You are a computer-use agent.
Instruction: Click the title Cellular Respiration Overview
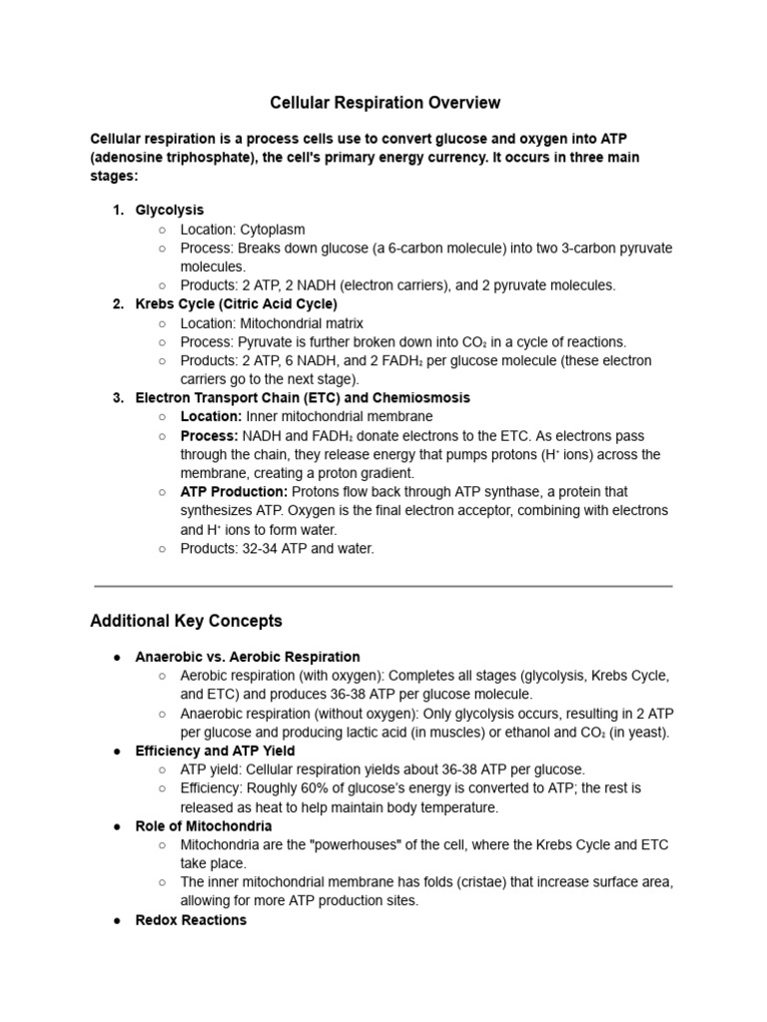tap(384, 103)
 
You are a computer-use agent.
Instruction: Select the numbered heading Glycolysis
tap(170, 210)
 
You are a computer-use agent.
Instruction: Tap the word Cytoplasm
tap(273, 229)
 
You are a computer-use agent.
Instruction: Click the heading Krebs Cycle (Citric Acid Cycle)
tap(237, 303)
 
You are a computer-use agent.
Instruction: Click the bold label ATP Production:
tap(234, 491)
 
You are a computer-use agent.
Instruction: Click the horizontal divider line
tap(383, 586)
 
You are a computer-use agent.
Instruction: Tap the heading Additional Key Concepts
tap(186, 621)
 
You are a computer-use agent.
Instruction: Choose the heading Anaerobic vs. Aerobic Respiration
tap(248, 657)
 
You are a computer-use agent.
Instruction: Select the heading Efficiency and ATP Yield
tap(215, 751)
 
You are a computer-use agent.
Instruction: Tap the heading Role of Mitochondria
tap(204, 826)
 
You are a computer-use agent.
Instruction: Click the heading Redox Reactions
tap(191, 919)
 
